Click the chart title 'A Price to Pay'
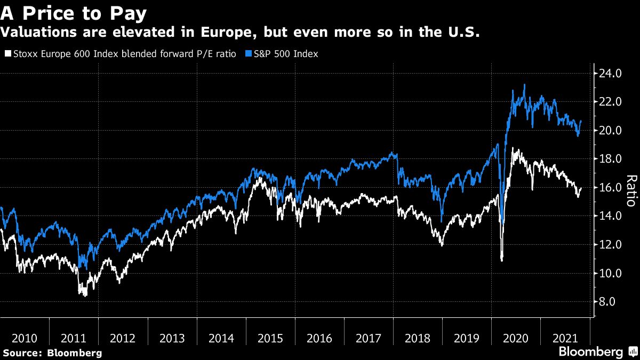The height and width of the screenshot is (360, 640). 74,12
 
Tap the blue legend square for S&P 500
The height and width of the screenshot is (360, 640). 247,54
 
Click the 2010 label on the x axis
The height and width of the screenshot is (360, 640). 25,338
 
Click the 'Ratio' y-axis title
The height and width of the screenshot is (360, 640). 631,191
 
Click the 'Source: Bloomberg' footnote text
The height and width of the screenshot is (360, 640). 52,353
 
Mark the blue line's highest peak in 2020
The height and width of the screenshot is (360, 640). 524,84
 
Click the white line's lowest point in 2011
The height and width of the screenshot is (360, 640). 85,295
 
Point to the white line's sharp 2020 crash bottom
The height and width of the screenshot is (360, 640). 501,260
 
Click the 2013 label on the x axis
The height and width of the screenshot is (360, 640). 172,338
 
